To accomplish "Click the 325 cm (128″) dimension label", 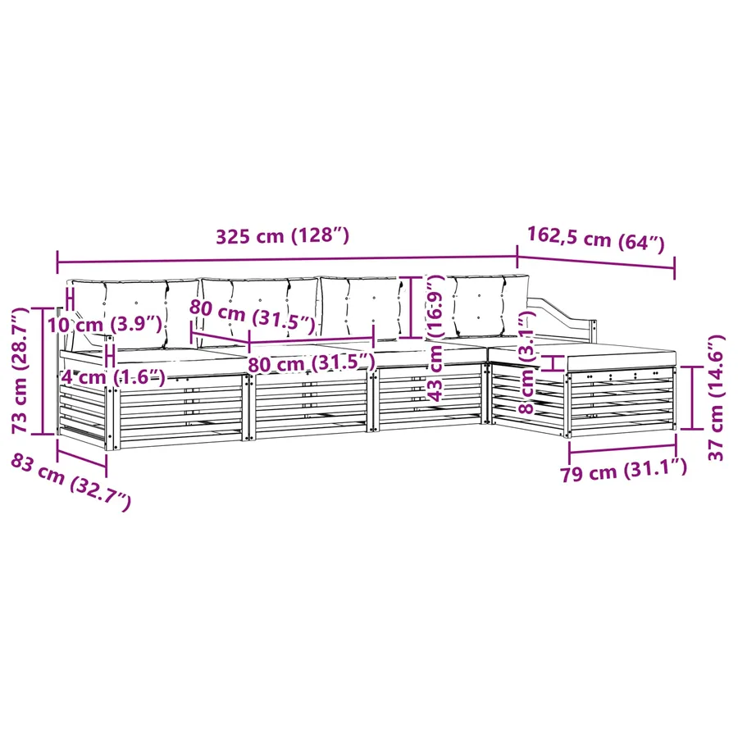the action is [282, 236].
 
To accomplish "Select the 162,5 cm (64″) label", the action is [595, 239].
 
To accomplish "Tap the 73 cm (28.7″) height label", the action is [21, 371].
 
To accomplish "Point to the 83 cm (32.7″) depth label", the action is [71, 481].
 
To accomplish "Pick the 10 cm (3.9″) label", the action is [104, 324].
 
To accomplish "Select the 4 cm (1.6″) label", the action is [113, 376].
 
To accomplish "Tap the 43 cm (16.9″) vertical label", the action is [435, 338].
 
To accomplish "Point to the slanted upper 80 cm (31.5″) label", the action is [252, 316].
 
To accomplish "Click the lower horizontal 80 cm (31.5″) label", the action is [312, 363].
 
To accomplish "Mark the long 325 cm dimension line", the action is [287, 259].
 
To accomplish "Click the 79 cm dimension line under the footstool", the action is [622, 447].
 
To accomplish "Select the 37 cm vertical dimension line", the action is [693, 398].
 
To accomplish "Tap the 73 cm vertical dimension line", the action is [43, 371].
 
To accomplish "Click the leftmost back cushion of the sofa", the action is [134, 313].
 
